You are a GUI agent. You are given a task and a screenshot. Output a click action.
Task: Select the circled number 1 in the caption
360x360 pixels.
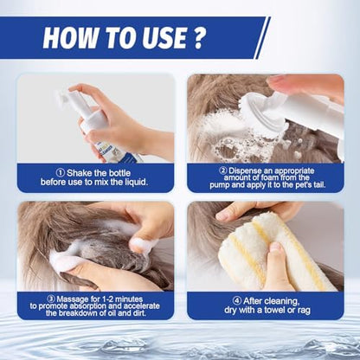[61, 173]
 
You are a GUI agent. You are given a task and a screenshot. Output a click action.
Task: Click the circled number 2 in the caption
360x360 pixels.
[222, 171]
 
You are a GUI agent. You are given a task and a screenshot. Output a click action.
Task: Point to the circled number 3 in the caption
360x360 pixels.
[51, 299]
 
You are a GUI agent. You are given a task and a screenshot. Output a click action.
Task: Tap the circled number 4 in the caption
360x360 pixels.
[237, 301]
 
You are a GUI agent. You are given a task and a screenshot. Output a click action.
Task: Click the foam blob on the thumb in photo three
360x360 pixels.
[143, 245]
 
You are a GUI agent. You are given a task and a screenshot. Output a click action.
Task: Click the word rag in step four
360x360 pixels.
[304, 311]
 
